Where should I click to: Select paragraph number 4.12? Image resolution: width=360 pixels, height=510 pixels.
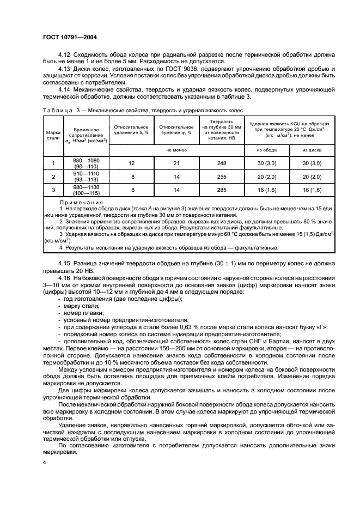click(x=65, y=56)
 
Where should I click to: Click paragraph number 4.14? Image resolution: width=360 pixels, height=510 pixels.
click(x=65, y=88)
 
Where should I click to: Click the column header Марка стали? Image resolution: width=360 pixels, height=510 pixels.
click(x=53, y=135)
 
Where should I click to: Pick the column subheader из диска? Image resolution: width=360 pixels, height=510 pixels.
click(x=311, y=149)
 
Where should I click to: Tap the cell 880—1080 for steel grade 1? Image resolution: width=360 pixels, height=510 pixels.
click(x=86, y=160)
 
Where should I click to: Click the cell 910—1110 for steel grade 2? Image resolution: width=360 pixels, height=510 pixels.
click(x=86, y=174)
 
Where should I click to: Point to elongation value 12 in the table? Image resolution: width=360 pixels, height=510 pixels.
click(x=131, y=163)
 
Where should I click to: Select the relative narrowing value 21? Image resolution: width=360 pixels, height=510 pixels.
click(x=176, y=163)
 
